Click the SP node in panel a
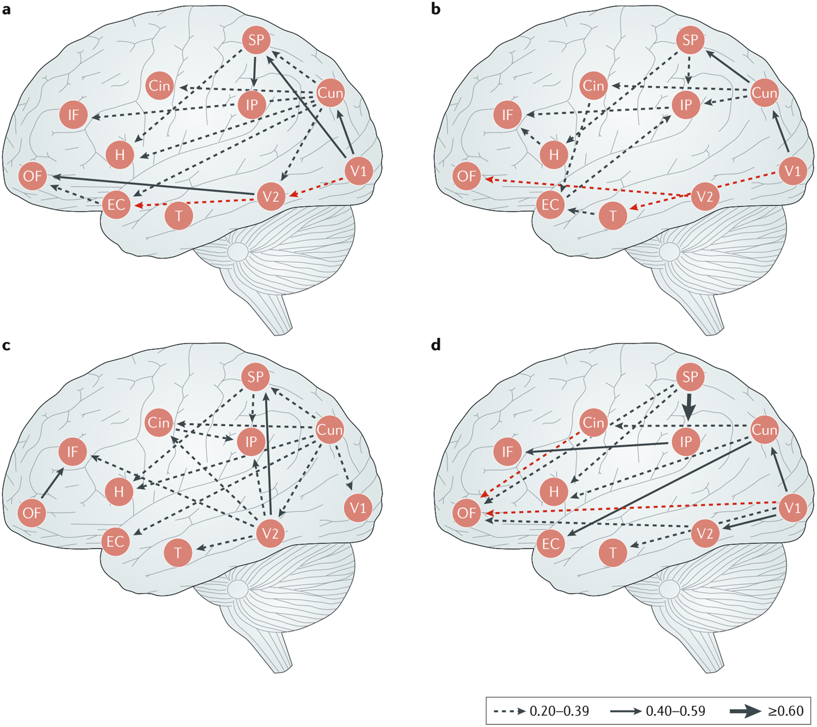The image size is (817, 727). (256, 40)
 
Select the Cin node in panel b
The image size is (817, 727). (594, 86)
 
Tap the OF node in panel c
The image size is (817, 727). (32, 512)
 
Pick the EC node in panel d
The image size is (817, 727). (551, 544)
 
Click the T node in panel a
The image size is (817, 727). (179, 216)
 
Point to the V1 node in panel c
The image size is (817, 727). (358, 508)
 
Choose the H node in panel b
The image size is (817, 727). (554, 155)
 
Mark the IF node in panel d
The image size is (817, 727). (507, 452)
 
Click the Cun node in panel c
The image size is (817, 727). (330, 430)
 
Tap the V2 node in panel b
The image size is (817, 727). (705, 196)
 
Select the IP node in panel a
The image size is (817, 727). (252, 104)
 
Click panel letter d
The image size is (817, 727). (436, 345)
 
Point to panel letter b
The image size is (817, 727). (436, 9)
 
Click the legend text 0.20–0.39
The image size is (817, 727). (559, 711)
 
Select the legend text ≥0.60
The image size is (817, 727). (786, 711)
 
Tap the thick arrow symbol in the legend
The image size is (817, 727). (745, 711)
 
